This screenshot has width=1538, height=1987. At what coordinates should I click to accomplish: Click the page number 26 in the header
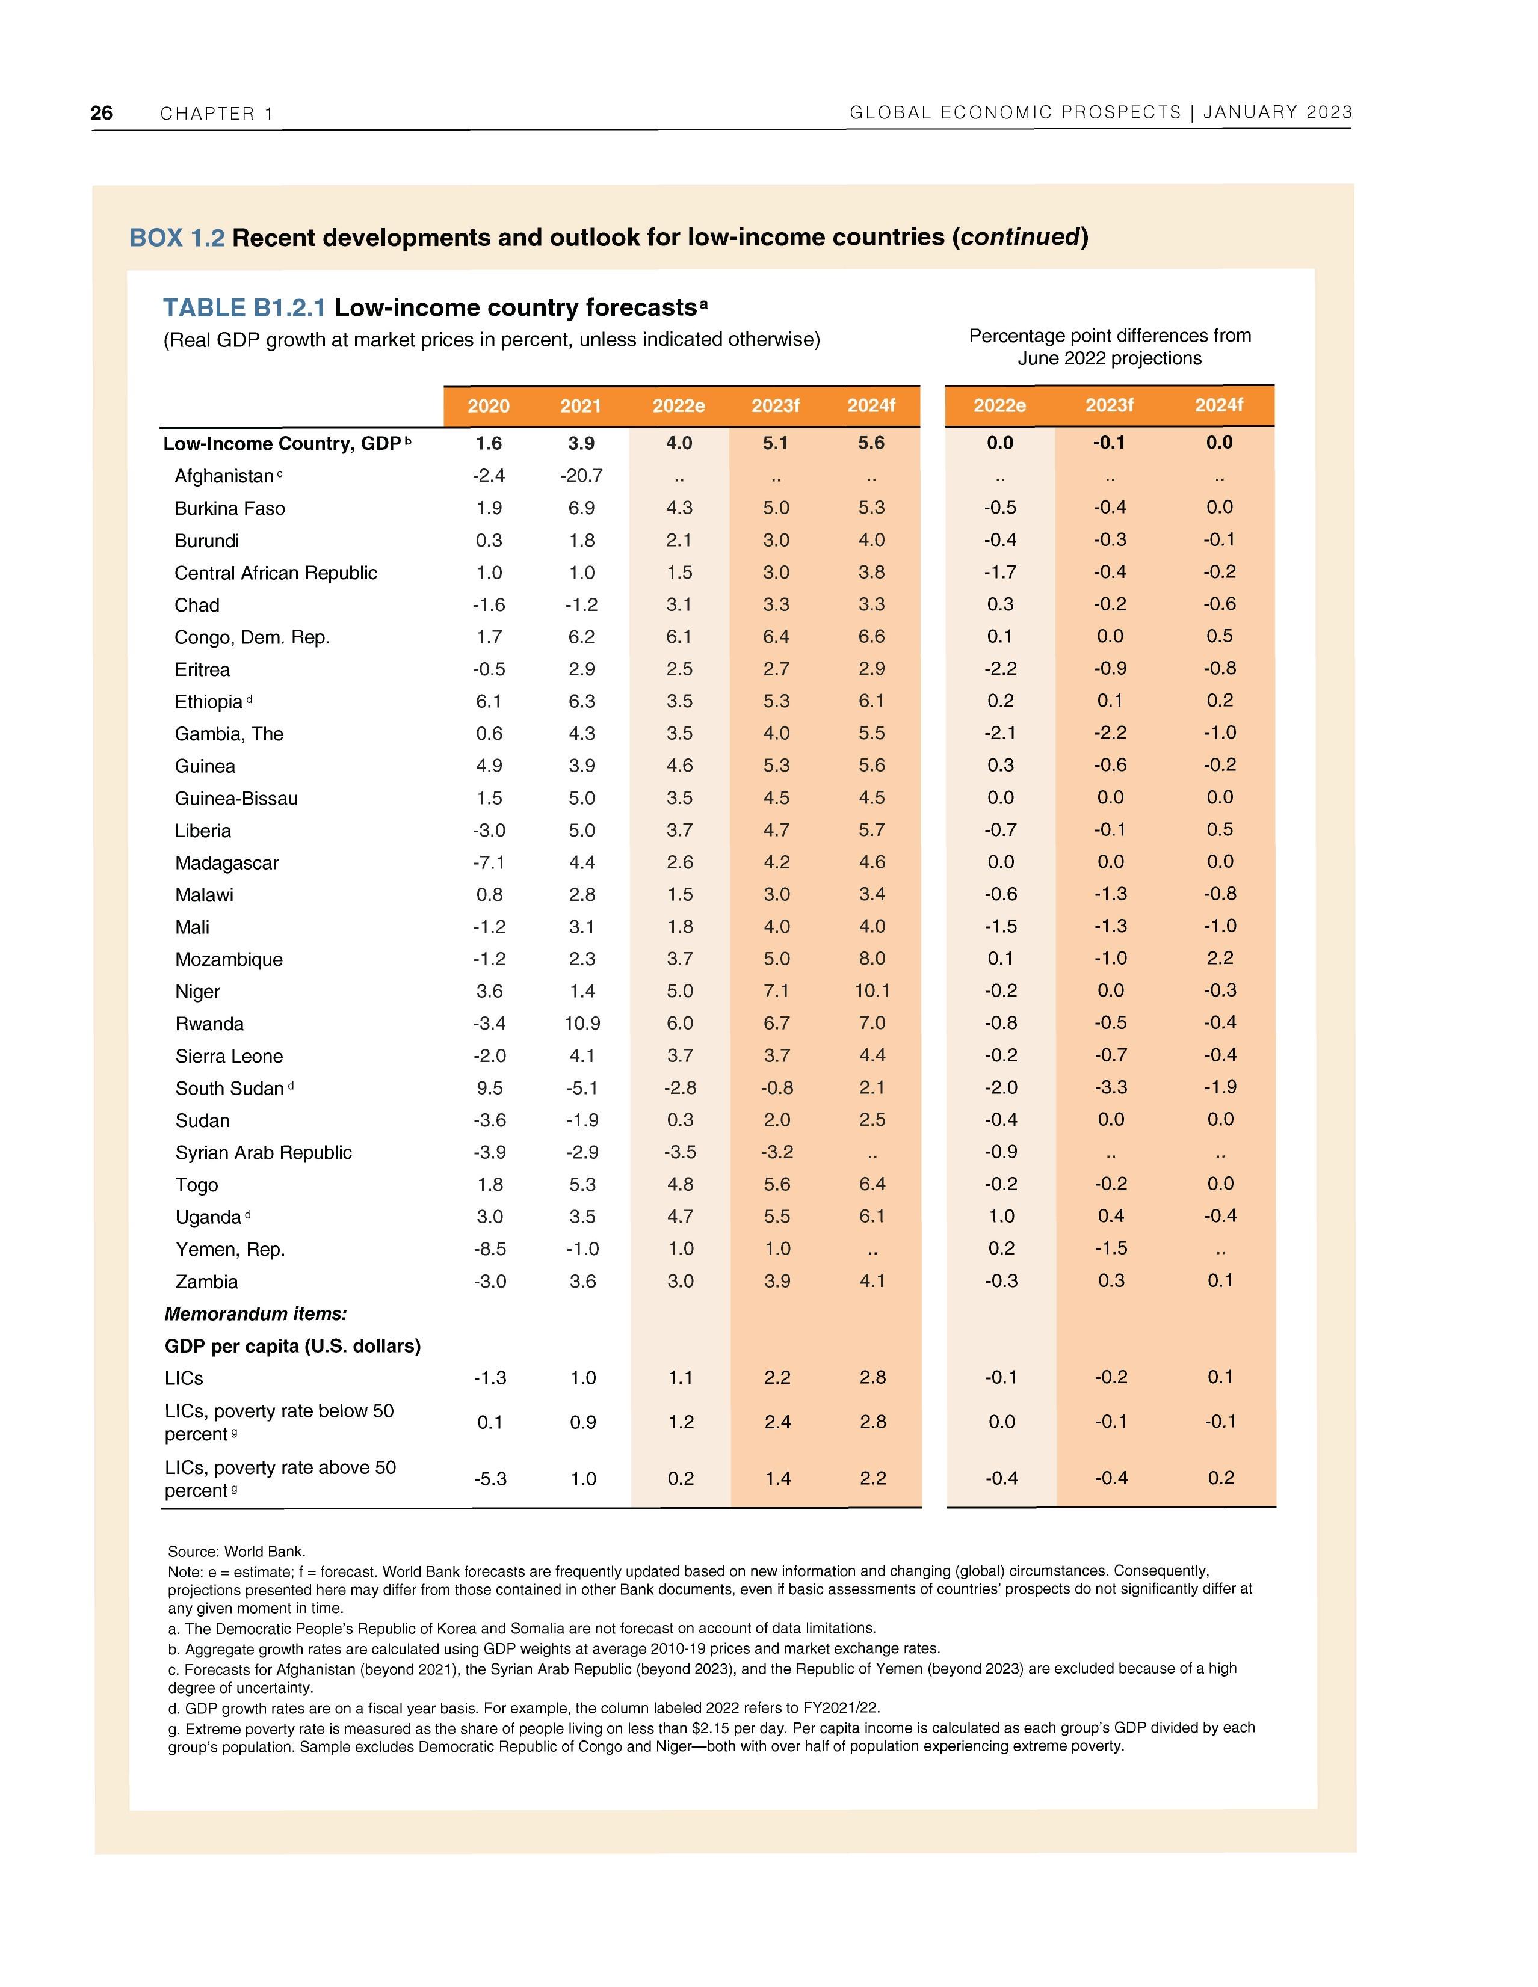(102, 113)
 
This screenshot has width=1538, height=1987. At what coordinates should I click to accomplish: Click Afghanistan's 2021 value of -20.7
(581, 476)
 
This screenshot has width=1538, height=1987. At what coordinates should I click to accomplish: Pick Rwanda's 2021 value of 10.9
(581, 1024)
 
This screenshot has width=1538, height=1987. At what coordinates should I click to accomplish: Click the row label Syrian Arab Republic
(263, 1153)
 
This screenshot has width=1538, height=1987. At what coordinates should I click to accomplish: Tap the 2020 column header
(489, 406)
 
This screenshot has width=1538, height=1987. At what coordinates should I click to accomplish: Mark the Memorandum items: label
(256, 1314)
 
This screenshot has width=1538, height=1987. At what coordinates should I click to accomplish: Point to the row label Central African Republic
(276, 573)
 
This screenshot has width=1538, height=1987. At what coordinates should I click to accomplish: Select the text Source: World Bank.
(236, 1551)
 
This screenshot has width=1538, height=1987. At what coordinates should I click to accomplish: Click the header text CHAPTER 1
(217, 114)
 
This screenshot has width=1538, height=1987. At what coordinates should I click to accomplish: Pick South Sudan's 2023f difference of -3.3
(1110, 1087)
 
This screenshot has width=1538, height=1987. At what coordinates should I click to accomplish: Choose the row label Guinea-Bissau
(236, 799)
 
